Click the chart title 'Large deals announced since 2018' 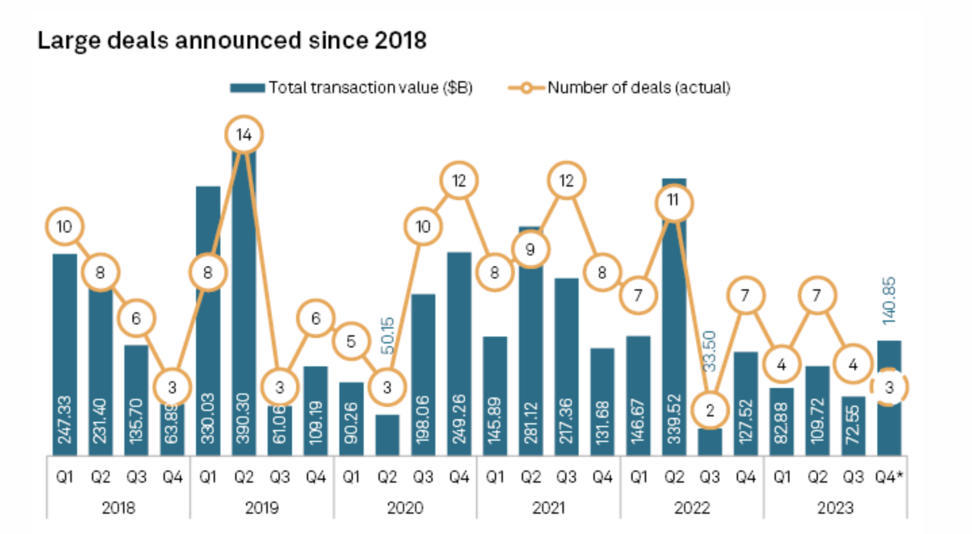(231, 41)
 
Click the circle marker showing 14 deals (244, 135)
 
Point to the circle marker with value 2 (710, 410)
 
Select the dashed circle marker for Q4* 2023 (890, 387)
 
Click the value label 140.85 (890, 301)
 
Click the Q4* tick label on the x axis (890, 477)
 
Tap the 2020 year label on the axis (405, 508)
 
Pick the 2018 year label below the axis (118, 508)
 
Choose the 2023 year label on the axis (835, 508)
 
